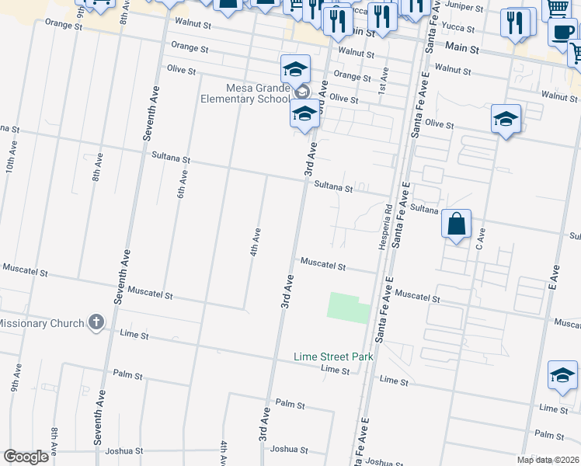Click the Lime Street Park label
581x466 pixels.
(334, 357)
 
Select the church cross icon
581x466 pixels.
(96, 322)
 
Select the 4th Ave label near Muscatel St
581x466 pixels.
(254, 242)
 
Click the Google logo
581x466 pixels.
(26, 457)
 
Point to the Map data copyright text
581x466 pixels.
(548, 460)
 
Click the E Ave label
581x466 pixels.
(555, 276)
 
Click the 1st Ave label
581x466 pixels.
(384, 78)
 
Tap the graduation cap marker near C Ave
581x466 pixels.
(505, 120)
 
